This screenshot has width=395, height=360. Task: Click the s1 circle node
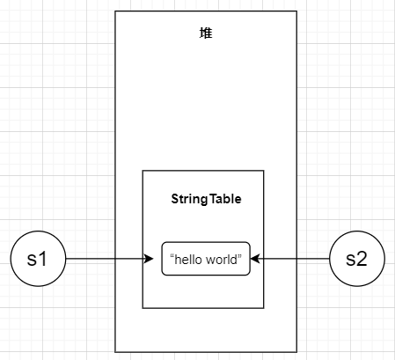[38, 260]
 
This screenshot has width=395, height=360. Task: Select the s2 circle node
[356, 260]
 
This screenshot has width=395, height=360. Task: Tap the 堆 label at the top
[206, 33]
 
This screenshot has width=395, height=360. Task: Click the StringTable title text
[206, 200]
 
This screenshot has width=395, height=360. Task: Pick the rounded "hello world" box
[206, 259]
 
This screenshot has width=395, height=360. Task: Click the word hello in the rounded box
[188, 259]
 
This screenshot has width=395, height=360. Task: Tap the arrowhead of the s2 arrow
[256, 260]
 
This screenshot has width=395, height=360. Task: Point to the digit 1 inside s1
[44, 260]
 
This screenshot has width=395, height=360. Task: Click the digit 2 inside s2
[362, 260]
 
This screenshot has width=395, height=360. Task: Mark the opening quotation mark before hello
[172, 256]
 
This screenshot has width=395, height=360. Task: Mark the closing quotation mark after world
[241, 256]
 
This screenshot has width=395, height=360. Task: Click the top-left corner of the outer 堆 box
[115, 11]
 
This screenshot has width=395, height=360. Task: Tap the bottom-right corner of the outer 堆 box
[297, 352]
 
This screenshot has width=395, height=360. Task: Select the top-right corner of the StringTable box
[264, 171]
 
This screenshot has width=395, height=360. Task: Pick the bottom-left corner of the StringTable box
[143, 308]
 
